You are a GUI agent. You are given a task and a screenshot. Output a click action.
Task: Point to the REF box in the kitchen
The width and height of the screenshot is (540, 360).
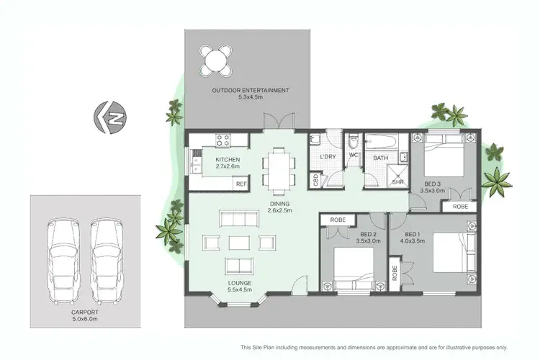pos(241,184)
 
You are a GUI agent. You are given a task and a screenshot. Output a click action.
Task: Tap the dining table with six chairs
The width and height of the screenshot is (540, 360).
pos(279,169)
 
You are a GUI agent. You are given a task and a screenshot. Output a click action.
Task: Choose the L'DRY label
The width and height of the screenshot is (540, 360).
pos(328,157)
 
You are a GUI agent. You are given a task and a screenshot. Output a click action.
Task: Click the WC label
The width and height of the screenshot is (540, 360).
pos(354,156)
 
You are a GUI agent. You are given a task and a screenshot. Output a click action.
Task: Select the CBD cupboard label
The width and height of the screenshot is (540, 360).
pos(315,180)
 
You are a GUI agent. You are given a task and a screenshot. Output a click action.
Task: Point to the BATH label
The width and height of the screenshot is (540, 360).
pos(380,157)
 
